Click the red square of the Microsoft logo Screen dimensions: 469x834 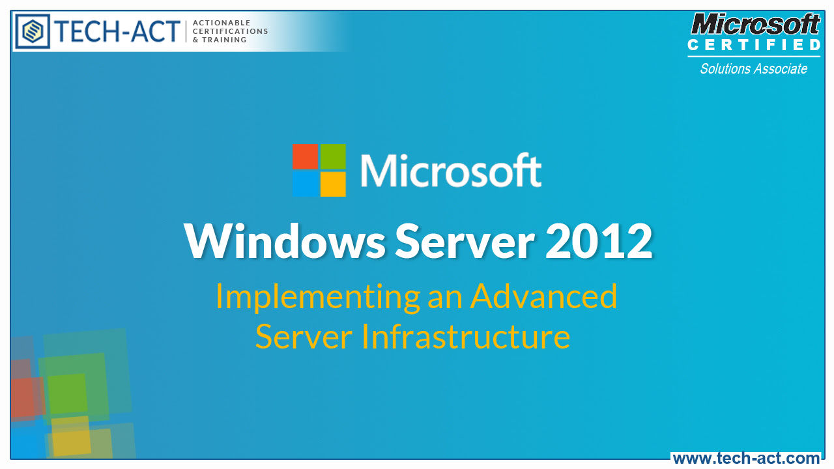point(305,156)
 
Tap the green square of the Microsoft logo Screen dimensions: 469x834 point(332,156)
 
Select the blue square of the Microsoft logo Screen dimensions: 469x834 point(305,184)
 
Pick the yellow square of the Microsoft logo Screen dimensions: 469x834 point(332,184)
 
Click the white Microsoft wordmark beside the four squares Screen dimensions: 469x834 point(450,170)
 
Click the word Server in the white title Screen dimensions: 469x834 point(465,241)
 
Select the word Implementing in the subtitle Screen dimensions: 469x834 point(317,297)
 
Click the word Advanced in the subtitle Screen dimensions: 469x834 point(543,296)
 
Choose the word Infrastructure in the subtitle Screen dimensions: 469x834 point(466,337)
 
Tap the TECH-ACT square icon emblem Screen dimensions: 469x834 point(33,31)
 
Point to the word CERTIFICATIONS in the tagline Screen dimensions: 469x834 point(231,31)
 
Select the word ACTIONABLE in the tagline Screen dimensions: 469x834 point(222,23)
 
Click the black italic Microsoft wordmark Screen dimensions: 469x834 point(755,25)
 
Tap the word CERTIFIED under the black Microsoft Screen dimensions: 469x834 point(755,45)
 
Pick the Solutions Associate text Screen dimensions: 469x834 point(753,69)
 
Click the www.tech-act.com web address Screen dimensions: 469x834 point(746,459)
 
